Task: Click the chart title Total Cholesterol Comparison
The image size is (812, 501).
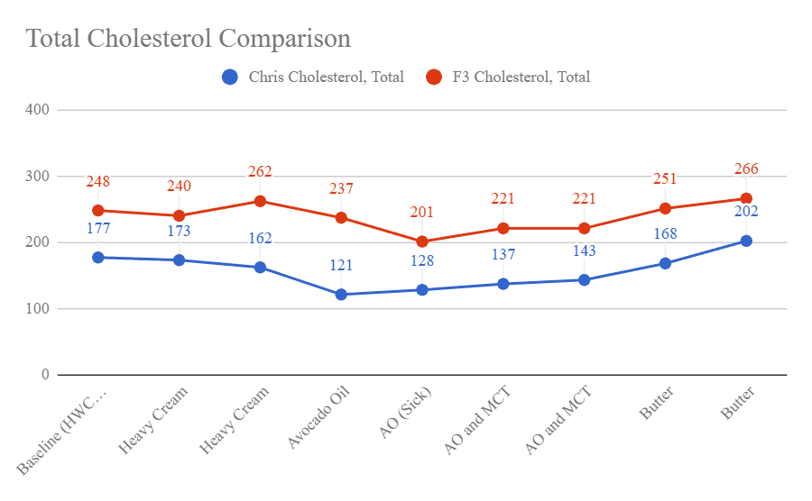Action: click(x=188, y=39)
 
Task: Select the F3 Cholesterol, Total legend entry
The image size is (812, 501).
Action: click(x=520, y=77)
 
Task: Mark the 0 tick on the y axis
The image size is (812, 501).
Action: click(x=43, y=375)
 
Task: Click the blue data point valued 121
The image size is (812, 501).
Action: click(x=341, y=295)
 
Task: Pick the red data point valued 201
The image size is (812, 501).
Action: click(x=422, y=241)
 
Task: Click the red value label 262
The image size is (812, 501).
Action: click(x=260, y=172)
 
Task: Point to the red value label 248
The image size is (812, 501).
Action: click(x=97, y=182)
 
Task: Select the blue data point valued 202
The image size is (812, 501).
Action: click(x=746, y=241)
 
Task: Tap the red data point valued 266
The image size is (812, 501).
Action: click(x=746, y=198)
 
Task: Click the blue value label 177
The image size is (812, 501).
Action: click(x=97, y=228)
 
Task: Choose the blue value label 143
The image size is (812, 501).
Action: click(x=584, y=251)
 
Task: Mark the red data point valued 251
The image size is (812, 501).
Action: click(x=665, y=208)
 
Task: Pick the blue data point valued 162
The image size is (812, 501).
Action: click(x=260, y=268)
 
